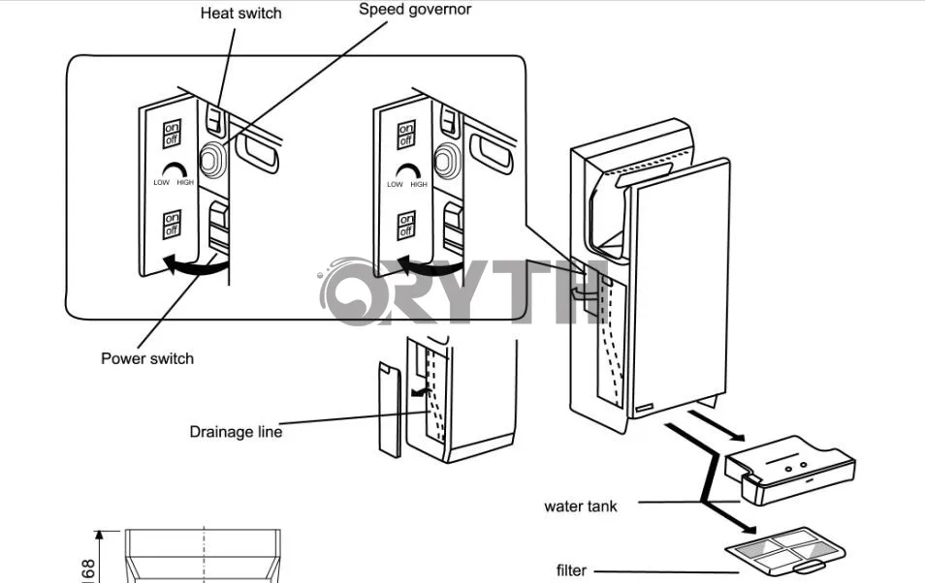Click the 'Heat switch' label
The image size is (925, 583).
pos(240,14)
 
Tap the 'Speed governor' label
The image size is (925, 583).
pos(416,10)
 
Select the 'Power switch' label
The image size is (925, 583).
pos(147,358)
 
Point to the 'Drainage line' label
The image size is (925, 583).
pos(236,432)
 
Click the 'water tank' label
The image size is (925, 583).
pos(580,506)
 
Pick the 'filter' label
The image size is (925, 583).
pos(571,570)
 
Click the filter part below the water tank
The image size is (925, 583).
pos(777,549)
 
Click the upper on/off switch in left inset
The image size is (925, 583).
pos(172,134)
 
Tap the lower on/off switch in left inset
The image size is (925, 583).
pos(172,224)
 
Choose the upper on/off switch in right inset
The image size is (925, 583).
pos(406,134)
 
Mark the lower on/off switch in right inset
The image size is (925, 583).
pos(406,224)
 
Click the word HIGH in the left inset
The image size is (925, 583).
pos(185,183)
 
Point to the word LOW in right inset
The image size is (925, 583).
pos(395,184)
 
